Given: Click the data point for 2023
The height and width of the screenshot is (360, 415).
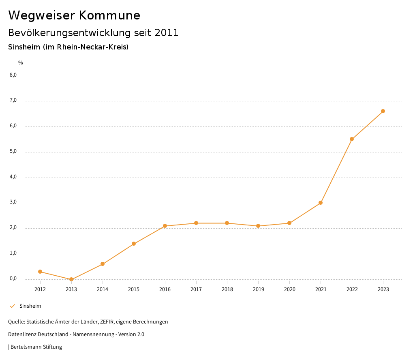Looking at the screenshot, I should tap(383, 111).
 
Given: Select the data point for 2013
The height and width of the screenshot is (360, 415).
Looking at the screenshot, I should tap(71, 279).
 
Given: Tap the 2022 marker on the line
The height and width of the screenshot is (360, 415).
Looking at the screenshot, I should tap(352, 139).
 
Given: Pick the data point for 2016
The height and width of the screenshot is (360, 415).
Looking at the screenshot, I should tap(165, 226).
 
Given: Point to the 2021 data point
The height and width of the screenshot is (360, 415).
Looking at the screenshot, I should tap(321, 203).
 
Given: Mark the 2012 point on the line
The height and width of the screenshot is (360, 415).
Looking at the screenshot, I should tap(40, 272).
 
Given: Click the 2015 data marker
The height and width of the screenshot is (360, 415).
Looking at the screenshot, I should tap(134, 244).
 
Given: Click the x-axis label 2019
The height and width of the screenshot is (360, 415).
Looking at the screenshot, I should tap(258, 289).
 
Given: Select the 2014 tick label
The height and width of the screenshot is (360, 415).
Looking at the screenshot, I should tap(103, 289).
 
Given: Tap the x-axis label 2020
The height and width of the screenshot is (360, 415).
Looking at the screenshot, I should tap(289, 289).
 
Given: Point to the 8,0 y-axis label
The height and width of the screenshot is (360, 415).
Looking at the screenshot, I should tap(13, 75).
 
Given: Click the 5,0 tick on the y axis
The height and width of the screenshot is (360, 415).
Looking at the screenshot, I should tap(13, 151).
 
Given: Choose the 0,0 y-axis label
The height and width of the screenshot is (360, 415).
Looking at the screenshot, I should tap(13, 279).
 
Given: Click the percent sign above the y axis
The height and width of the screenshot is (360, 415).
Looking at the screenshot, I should tap(21, 63).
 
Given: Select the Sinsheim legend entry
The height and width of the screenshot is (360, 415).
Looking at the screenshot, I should tap(30, 306).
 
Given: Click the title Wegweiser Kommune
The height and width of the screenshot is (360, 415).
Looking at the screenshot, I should tap(74, 15).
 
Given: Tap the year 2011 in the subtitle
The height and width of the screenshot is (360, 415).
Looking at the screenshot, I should tap(167, 33).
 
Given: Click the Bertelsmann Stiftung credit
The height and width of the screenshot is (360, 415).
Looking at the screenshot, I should tap(36, 347).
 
